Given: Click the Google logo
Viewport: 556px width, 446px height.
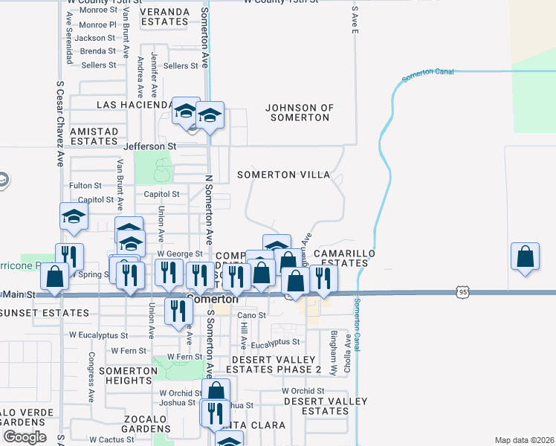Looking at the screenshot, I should click(x=25, y=437).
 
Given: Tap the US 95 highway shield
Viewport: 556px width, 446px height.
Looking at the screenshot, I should click(x=462, y=293).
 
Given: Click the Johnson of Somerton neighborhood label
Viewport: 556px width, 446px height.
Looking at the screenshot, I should click(x=300, y=113).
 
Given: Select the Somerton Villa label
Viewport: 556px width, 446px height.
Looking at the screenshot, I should click(x=283, y=175).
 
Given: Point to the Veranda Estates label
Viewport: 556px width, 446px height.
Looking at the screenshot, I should click(x=165, y=16).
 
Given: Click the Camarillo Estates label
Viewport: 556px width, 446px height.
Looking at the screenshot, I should click(x=345, y=258).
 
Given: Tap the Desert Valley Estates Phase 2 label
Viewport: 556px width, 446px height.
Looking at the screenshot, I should click(x=274, y=364).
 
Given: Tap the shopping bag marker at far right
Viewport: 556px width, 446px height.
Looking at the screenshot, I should click(x=525, y=256).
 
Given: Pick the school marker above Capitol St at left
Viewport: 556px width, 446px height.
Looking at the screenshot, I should click(x=74, y=217).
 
